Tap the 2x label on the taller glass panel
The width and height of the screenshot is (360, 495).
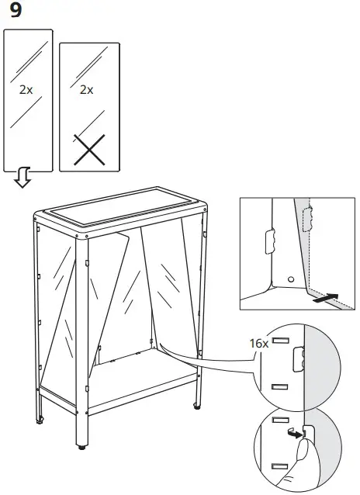coord(26,90)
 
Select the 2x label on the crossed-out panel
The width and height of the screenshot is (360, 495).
coord(86,90)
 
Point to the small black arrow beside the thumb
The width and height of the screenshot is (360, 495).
coord(292,434)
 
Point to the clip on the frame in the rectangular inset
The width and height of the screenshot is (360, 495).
coord(270,241)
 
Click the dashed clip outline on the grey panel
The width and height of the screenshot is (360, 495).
coord(309,219)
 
